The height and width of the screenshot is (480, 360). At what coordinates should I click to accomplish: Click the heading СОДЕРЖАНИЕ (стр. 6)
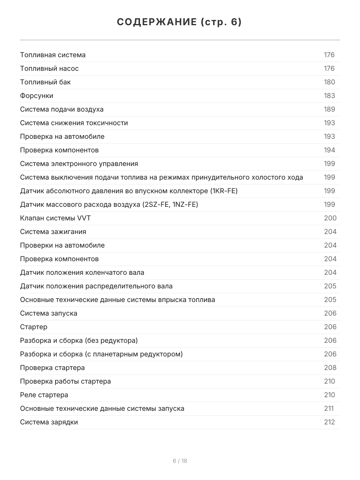pos(180,22)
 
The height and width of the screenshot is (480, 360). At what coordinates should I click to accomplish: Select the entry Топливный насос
pos(49,68)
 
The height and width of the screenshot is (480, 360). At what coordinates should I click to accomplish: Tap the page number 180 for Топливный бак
pos(329,82)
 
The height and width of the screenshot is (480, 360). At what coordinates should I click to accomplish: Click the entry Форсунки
pos(36,96)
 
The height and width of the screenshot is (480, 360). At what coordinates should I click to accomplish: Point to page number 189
pos(329,109)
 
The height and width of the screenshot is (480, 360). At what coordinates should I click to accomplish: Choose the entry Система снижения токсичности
pos(74,123)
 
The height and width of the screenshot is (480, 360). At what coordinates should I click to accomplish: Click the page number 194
pos(329,150)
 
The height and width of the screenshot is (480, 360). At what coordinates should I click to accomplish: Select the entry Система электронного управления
pos(79,164)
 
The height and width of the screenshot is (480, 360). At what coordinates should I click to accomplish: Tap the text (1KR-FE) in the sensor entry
pos(224,191)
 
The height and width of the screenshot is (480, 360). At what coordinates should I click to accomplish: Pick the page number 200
pos(330,218)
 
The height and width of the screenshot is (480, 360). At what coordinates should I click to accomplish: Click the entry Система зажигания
pos(53,232)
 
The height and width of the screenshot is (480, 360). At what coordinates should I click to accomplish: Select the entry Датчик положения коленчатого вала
pos(82,272)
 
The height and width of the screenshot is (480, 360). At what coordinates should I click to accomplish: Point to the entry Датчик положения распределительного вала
pos(96,286)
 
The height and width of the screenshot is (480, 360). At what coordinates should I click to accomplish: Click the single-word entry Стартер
pos(34,327)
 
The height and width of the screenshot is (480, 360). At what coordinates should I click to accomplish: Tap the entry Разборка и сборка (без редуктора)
pos(79,340)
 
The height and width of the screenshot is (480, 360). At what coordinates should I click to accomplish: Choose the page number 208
pos(330,368)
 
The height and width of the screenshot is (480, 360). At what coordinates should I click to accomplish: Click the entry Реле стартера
pos(44,395)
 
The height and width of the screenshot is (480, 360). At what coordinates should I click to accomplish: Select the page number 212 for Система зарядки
pos(329,422)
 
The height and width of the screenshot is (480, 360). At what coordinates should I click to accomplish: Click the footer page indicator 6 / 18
pos(180,461)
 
